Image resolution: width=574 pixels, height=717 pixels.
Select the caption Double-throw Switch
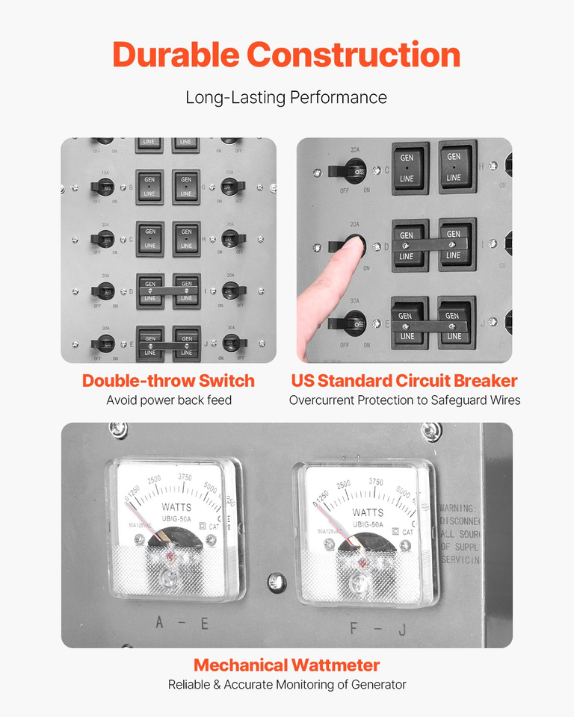168,380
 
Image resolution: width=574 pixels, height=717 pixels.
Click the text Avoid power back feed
168,400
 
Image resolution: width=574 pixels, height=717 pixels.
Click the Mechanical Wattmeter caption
286,665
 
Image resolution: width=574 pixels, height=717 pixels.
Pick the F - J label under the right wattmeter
378,628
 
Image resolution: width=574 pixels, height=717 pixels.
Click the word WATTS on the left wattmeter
176,508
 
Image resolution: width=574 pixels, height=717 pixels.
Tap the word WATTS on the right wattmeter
368,512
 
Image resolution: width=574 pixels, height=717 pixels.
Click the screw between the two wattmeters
276,580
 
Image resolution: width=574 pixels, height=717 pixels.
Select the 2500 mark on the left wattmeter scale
155,480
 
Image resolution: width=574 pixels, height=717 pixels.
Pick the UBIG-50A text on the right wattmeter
367,524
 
